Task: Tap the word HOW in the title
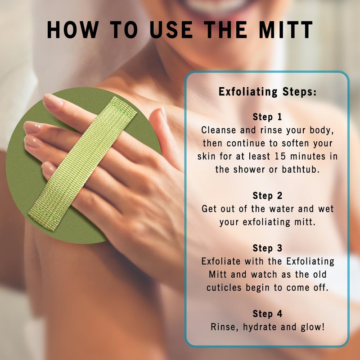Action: click(73, 30)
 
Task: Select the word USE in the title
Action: click(171, 30)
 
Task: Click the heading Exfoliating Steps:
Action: click(267, 92)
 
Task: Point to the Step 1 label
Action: click(267, 117)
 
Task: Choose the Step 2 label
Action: click(267, 196)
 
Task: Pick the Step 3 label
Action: click(267, 248)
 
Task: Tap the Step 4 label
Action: click(267, 314)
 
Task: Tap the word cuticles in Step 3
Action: click(224, 288)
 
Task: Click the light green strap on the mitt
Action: click(83, 163)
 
